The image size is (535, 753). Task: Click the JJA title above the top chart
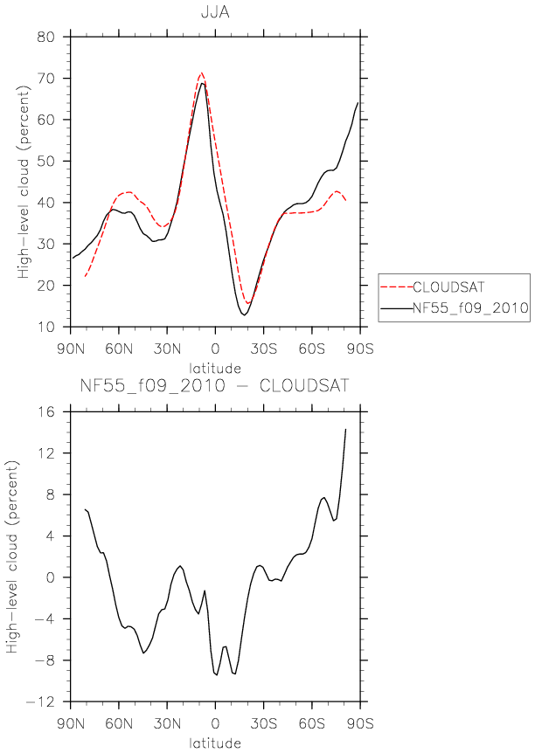click(215, 12)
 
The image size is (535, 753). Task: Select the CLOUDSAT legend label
click(448, 287)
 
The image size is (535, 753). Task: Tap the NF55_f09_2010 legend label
click(470, 307)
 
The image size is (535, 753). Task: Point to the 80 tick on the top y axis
click(45, 37)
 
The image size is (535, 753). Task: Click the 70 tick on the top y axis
click(45, 78)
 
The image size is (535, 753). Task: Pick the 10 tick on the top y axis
click(45, 327)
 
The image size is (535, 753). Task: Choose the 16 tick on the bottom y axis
click(45, 411)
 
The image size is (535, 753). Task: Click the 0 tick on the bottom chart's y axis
click(50, 577)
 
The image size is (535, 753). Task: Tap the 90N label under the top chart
click(71, 349)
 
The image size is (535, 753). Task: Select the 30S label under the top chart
click(263, 349)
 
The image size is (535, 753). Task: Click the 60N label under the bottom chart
click(119, 723)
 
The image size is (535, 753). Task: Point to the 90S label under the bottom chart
click(360, 723)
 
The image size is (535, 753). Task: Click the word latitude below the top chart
click(215, 369)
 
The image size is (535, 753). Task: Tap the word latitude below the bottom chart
click(215, 743)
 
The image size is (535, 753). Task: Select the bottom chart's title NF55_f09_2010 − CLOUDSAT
click(215, 385)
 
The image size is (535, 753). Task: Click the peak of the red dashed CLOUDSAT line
click(201, 73)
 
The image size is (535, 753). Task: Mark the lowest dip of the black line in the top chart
click(244, 315)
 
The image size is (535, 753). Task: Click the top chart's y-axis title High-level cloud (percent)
click(23, 182)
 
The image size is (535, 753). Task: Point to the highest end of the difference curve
click(345, 429)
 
